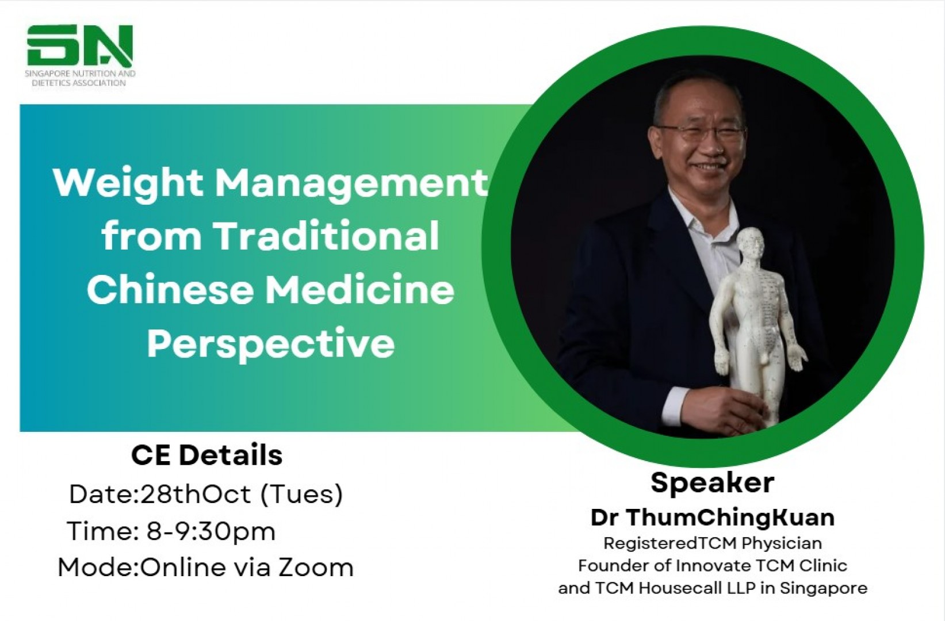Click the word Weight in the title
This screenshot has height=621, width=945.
(x=127, y=185)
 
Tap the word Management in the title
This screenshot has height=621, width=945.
(x=351, y=185)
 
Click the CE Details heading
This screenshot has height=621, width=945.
(x=206, y=455)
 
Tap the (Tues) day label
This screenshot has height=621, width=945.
(x=302, y=494)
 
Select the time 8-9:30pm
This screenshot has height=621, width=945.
(x=211, y=532)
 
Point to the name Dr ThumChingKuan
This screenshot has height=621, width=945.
(x=713, y=518)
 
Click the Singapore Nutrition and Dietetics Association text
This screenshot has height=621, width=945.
(x=81, y=78)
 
